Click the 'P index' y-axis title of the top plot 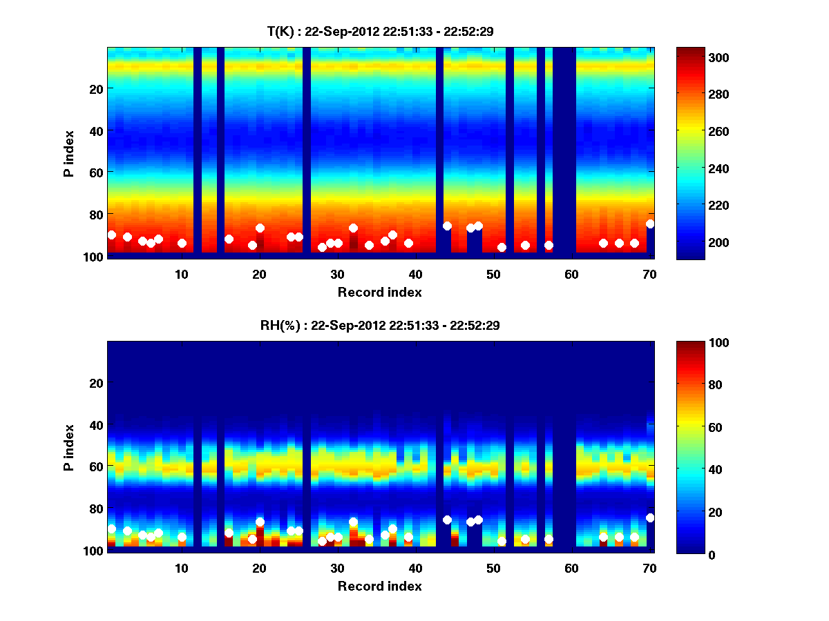tap(69, 152)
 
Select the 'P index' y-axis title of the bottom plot tap(69, 446)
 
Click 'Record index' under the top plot tap(379, 293)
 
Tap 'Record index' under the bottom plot tap(379, 586)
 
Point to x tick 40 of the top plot tap(415, 274)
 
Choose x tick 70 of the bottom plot tap(649, 568)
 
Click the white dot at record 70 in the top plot tap(650, 224)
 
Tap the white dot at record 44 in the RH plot tap(447, 520)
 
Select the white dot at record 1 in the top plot tap(112, 235)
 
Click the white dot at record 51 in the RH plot tap(502, 541)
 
